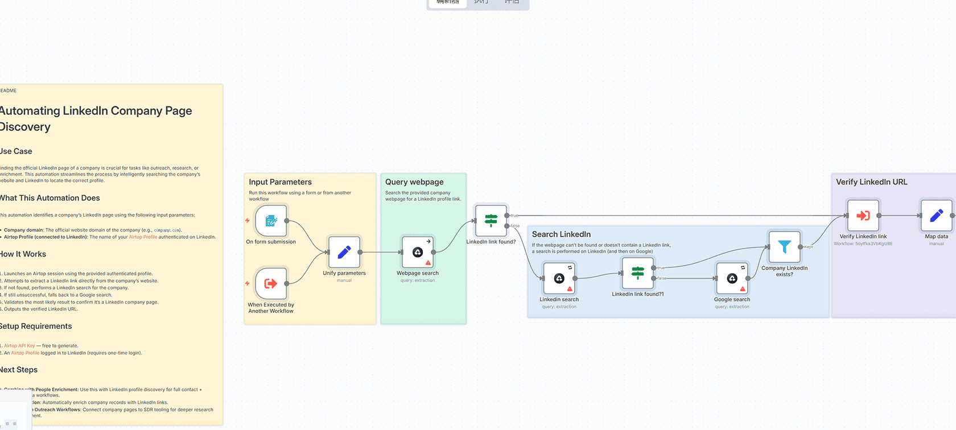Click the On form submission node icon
271,221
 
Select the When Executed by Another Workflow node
271,283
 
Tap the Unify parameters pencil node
344,252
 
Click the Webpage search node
418,252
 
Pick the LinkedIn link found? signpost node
491,220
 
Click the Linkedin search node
559,278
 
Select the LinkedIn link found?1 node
638,273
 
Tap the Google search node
732,278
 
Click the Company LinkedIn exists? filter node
784,247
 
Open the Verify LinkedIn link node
863,216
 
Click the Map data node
936,216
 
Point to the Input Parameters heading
280,182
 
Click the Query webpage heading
414,182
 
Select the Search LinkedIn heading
561,234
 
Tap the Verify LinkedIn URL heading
871,182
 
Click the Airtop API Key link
19,346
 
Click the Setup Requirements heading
36,326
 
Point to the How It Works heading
23,254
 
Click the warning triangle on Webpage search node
428,263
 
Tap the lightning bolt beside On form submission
248,220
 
